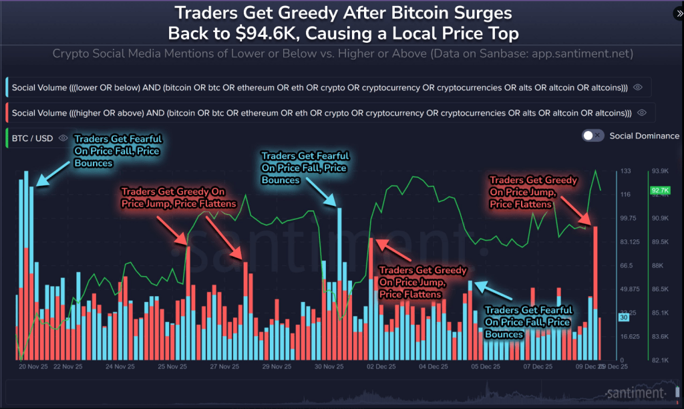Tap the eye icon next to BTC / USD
(63, 138)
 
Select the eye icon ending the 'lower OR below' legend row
(638, 87)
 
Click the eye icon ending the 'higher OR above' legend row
(642, 112)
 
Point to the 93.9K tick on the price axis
(659, 171)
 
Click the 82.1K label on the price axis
(659, 360)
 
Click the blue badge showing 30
(623, 318)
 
